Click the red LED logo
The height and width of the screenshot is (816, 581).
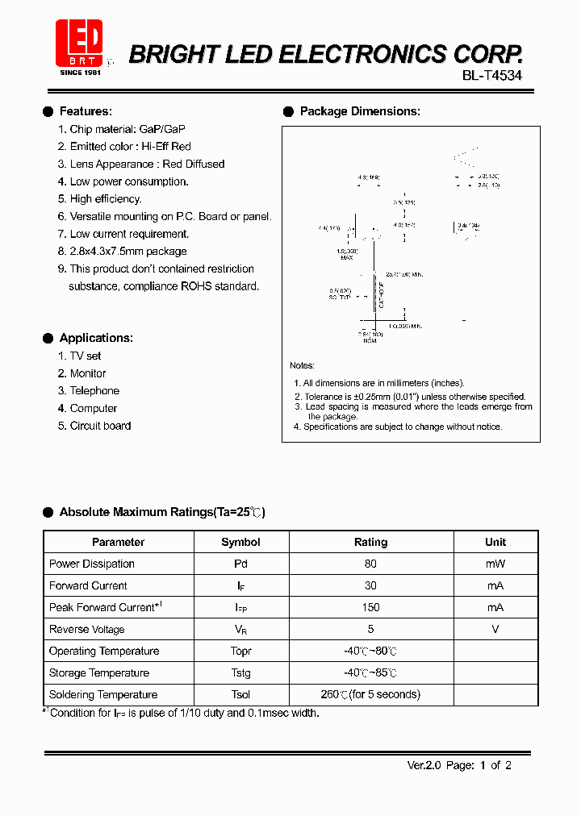coord(79,41)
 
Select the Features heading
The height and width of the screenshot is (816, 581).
coord(86,111)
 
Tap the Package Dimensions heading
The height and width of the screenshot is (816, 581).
coord(359,111)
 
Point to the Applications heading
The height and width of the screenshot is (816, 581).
coord(96,338)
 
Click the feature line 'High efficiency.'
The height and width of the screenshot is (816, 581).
coord(105,198)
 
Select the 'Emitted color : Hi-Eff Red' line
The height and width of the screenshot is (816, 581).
coord(130,146)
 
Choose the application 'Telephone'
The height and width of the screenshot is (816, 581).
coord(94,390)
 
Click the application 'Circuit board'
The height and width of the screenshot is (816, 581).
coord(100,426)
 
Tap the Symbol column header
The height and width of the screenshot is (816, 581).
coord(240,542)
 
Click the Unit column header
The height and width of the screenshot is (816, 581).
coord(495,542)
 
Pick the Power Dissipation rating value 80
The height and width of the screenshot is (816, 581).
coord(370,564)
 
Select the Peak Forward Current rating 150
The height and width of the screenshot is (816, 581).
coord(370,607)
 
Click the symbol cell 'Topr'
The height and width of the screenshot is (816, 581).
coord(240,651)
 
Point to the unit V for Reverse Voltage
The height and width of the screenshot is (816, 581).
coord(495,629)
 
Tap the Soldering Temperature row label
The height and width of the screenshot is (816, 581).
coord(103,694)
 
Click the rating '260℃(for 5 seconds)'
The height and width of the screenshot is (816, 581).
coord(370,694)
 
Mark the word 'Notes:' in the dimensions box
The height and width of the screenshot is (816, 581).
coord(303,365)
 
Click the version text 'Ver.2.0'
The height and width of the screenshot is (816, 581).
coord(424,765)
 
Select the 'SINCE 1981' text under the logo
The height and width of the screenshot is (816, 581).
coord(80,73)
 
